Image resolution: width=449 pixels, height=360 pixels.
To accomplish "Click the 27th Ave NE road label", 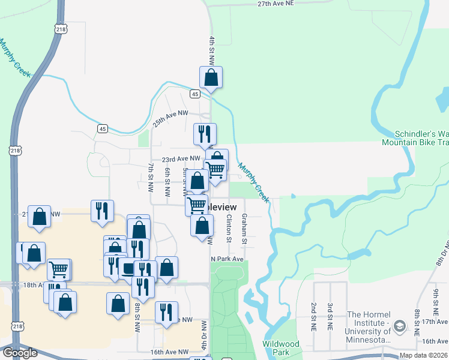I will pos(276,4).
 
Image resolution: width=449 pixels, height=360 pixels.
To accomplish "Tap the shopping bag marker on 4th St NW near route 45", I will pos(211,77).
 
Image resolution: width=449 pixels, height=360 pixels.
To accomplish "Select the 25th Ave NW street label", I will pos(170,113).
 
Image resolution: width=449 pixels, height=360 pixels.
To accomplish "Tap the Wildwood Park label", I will pos(280,348).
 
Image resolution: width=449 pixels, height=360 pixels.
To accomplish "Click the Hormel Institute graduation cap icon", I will pos(399,325).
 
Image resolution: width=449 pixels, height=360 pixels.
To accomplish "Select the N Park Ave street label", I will pos(226,259).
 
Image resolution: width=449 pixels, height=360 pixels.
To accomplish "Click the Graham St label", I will pos(244,229).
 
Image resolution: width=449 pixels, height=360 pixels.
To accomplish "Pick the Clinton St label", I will pos(229,229).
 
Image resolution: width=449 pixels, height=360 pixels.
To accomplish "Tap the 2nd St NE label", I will pos(313,317).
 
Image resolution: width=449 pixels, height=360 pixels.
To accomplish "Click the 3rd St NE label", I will pos(330,317).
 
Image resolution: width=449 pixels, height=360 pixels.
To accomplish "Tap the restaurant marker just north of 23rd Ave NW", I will pos(205,134).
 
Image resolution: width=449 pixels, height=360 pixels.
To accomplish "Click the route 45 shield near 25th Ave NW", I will pos(103,129).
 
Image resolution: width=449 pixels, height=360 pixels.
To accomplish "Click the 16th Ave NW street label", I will pos(169,352).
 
